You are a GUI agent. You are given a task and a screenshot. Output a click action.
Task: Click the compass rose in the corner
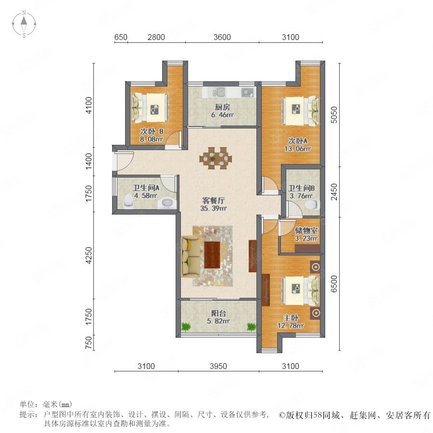coord(24,24)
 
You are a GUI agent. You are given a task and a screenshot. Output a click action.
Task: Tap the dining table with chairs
coord(216,158)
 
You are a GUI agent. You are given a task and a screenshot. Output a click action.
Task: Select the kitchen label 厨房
coord(222,107)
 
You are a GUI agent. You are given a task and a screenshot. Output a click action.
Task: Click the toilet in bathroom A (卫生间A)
coord(128,201)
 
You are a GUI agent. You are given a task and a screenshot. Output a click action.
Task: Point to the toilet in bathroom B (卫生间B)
coord(312,205)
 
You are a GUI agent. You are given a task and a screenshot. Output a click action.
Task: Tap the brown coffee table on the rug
coord(212,255)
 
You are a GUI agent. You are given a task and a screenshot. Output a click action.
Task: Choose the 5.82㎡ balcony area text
coord(218,321)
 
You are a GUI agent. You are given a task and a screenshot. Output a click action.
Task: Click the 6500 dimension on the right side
coord(334,283)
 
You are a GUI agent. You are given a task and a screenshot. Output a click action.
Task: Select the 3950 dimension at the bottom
coord(218,366)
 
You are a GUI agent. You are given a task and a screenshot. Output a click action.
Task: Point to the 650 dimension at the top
coord(121,37)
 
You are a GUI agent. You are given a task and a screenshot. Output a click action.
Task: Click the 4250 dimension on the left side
coord(89,255)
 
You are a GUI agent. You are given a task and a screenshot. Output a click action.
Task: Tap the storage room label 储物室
coord(306,230)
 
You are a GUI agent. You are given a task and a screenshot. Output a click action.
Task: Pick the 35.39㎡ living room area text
coord(214,208)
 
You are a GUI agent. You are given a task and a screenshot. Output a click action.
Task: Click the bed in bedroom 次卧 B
coord(150,108)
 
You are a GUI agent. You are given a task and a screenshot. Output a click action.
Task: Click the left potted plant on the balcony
coord(186,327)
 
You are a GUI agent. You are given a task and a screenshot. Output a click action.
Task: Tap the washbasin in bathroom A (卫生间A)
coord(166,203)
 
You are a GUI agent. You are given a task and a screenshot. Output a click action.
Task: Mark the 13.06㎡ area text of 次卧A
coord(298,149)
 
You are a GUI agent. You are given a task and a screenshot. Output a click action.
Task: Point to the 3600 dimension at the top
coord(222,37)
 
